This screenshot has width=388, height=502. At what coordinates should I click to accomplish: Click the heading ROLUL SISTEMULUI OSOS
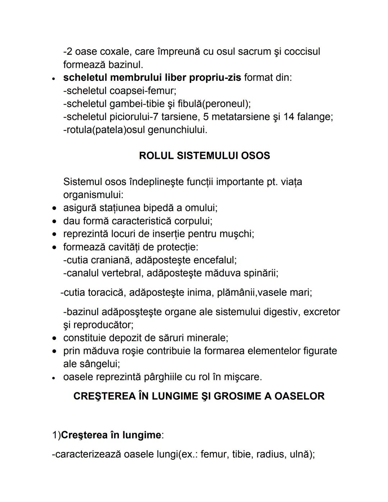pyautogui.click(x=204, y=156)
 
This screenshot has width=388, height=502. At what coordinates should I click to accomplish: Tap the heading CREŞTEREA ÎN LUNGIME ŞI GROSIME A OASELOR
pyautogui.click(x=199, y=396)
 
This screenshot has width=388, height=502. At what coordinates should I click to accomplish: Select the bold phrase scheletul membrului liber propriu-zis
pyautogui.click(x=152, y=78)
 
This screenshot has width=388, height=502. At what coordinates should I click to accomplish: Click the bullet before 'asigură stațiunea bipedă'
pyautogui.click(x=54, y=208)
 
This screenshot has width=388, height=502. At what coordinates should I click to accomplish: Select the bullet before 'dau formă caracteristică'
pyautogui.click(x=54, y=221)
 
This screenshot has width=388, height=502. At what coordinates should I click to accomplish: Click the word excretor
pyautogui.click(x=322, y=312)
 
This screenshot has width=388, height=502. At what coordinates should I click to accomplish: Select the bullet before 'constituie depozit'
pyautogui.click(x=54, y=338)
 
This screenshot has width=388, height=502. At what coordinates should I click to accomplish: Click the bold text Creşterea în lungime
pyautogui.click(x=111, y=435)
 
